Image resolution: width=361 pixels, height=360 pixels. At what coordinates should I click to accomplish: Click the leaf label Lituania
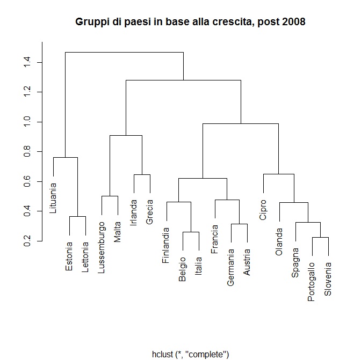point(53,199)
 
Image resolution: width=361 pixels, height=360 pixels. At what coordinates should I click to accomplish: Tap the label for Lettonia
point(85,258)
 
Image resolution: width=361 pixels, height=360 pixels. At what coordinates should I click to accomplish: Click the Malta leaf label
point(118,230)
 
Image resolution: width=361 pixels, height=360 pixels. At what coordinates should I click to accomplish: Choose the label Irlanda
point(134,212)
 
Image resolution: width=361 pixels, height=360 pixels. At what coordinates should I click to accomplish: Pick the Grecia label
point(150,211)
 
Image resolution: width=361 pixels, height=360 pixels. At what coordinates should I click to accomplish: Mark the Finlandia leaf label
point(166,245)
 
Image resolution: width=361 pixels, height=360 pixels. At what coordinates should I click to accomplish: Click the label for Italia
point(198,265)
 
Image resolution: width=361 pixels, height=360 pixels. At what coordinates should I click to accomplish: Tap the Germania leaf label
point(230,266)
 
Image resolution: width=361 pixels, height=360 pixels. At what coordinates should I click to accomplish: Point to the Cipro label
point(263,210)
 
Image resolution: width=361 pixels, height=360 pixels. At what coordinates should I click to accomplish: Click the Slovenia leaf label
point(328,279)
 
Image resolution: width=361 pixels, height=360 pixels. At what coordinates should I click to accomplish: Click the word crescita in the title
point(233,22)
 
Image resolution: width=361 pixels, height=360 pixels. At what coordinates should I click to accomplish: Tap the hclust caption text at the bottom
point(191,354)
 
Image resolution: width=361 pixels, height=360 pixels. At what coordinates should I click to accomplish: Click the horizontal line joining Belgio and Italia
point(191,232)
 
